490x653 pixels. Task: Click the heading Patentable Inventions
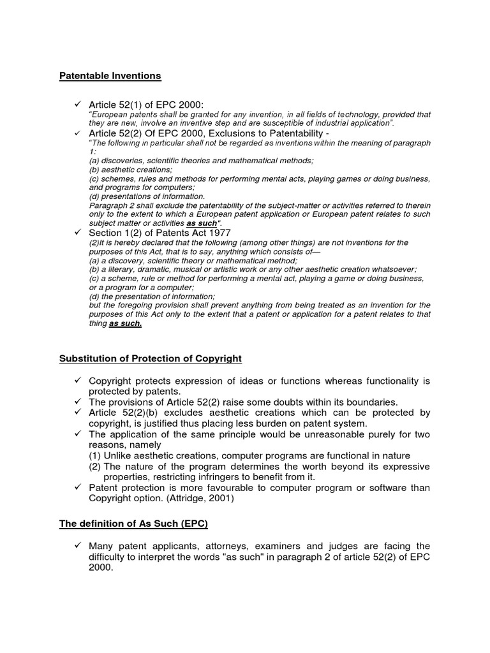coord(110,76)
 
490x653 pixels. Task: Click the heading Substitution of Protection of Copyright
coord(151,358)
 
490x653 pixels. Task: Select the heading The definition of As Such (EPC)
coord(134,524)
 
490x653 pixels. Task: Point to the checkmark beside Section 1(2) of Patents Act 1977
coord(77,233)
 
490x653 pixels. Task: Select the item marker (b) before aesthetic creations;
coord(94,170)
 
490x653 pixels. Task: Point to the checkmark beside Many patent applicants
coord(77,546)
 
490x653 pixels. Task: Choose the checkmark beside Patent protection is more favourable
coord(77,488)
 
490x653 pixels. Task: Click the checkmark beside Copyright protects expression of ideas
coord(77,381)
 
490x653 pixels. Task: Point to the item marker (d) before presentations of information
coord(94,196)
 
